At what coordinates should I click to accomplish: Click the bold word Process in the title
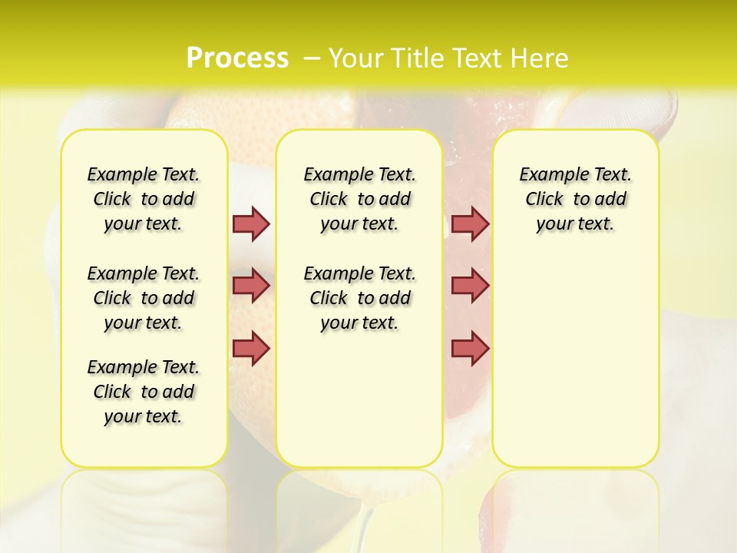[237, 58]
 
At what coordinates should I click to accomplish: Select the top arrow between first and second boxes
[251, 224]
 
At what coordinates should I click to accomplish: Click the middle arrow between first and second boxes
[251, 286]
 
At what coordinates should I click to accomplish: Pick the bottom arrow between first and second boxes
[251, 348]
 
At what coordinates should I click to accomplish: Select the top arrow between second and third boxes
[470, 224]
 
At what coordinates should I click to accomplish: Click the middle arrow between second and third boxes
[470, 286]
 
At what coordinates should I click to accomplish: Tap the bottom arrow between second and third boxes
[470, 348]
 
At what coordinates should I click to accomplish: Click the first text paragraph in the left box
[144, 199]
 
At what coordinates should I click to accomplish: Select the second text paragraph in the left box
[144, 298]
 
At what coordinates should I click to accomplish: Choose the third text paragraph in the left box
[144, 392]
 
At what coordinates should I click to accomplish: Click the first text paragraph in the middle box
[359, 199]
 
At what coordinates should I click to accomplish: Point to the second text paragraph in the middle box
[359, 298]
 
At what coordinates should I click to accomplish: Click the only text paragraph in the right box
[575, 199]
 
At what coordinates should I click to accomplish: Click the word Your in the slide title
[355, 58]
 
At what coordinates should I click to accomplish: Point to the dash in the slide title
[311, 58]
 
